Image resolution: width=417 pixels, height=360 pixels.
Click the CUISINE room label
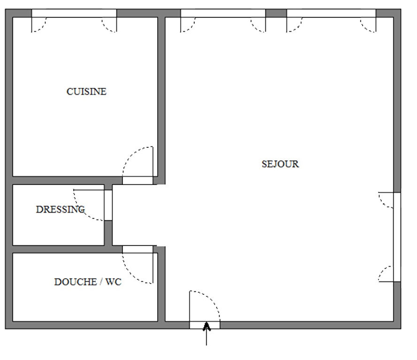point(86,92)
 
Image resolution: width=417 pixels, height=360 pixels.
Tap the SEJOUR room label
point(281,164)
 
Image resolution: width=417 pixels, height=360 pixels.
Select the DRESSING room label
point(61,209)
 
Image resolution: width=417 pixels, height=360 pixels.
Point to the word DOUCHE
point(76,282)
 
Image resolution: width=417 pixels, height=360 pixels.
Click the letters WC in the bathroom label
point(114,282)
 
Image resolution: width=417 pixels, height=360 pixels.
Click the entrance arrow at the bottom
point(207,333)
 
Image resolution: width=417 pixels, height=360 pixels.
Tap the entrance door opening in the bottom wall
point(205,325)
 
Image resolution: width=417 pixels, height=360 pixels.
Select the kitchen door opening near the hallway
point(137,180)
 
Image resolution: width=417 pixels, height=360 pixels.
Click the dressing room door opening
point(108,205)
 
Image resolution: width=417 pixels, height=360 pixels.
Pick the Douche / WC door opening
point(137,249)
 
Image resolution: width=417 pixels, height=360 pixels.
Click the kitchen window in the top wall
point(74,13)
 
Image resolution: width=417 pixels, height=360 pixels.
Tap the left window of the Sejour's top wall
point(223,13)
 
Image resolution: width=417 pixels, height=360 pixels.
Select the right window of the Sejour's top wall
point(331,13)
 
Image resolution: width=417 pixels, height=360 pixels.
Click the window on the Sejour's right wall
point(397,237)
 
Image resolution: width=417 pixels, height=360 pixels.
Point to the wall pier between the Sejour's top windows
point(276,13)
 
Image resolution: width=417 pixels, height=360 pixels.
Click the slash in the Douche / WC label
point(101,282)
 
